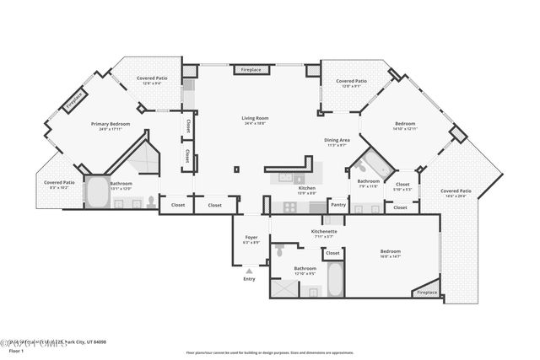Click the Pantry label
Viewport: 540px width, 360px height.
click(x=337, y=204)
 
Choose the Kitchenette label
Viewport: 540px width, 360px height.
click(x=324, y=231)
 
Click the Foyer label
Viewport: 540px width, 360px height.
click(x=251, y=238)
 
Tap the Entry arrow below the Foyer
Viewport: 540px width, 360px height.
click(x=248, y=271)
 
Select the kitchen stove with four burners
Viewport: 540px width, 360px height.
click(x=290, y=207)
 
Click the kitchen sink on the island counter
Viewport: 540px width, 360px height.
click(x=287, y=178)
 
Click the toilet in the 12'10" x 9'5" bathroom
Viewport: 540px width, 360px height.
click(x=278, y=250)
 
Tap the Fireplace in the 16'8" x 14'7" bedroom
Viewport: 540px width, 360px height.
click(x=427, y=292)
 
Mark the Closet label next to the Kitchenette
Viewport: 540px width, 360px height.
click(x=332, y=252)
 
